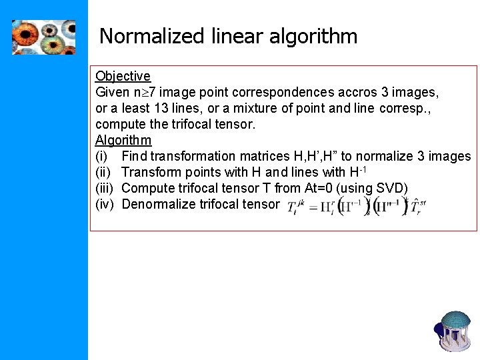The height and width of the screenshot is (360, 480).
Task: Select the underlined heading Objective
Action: [123, 76]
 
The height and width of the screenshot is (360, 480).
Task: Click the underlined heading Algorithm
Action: [123, 140]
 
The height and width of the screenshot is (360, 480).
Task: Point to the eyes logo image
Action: [43, 37]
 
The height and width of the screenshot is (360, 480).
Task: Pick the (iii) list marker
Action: [105, 188]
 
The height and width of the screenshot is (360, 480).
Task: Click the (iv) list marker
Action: [105, 204]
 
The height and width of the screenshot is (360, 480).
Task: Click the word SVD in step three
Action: [389, 188]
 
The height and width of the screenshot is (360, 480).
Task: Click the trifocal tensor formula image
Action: [354, 205]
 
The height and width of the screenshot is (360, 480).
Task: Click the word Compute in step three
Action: [147, 188]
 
